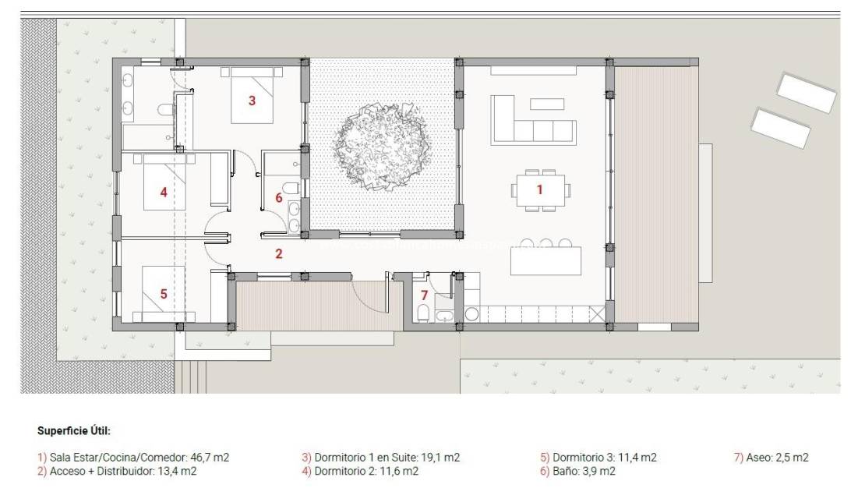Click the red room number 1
tap(538, 189)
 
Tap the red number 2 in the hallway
tap(278, 253)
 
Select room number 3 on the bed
tap(252, 100)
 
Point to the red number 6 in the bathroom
tap(278, 198)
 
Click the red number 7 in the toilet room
tap(424, 295)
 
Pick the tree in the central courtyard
tap(380, 146)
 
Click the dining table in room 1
tap(541, 190)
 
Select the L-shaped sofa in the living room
tap(530, 125)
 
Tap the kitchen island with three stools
tap(545, 260)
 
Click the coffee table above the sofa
tap(546, 104)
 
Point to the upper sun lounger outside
tap(807, 92)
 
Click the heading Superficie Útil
tap(74, 430)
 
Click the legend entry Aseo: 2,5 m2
tap(771, 458)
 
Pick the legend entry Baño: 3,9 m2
tap(577, 471)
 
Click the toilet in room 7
tap(422, 313)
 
